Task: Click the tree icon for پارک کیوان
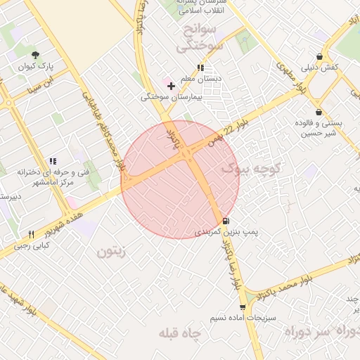pyautogui.click(x=36, y=54)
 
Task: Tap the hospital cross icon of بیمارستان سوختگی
pyautogui.click(x=171, y=86)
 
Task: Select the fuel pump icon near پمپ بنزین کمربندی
pyautogui.click(x=225, y=221)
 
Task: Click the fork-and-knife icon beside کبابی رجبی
pyautogui.click(x=31, y=234)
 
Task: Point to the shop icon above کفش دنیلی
pyautogui.click(x=320, y=57)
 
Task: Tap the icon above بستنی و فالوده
pyautogui.click(x=319, y=112)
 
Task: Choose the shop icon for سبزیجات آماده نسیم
pyautogui.click(x=243, y=307)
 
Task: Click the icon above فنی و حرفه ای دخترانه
pyautogui.click(x=53, y=162)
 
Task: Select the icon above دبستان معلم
pyautogui.click(x=200, y=68)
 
